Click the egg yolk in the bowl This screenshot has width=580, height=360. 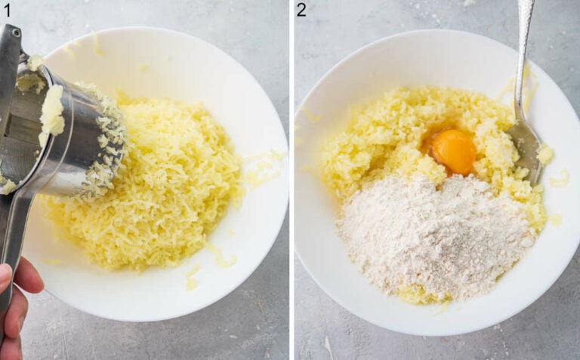point(453,151)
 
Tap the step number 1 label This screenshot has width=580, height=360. point(7,10)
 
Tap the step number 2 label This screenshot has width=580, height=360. point(301,10)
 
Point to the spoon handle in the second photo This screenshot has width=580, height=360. point(523,55)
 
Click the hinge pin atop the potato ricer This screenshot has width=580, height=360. point(17,32)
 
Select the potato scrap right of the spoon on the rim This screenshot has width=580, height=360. point(560,180)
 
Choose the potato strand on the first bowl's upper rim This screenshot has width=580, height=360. point(97,44)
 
